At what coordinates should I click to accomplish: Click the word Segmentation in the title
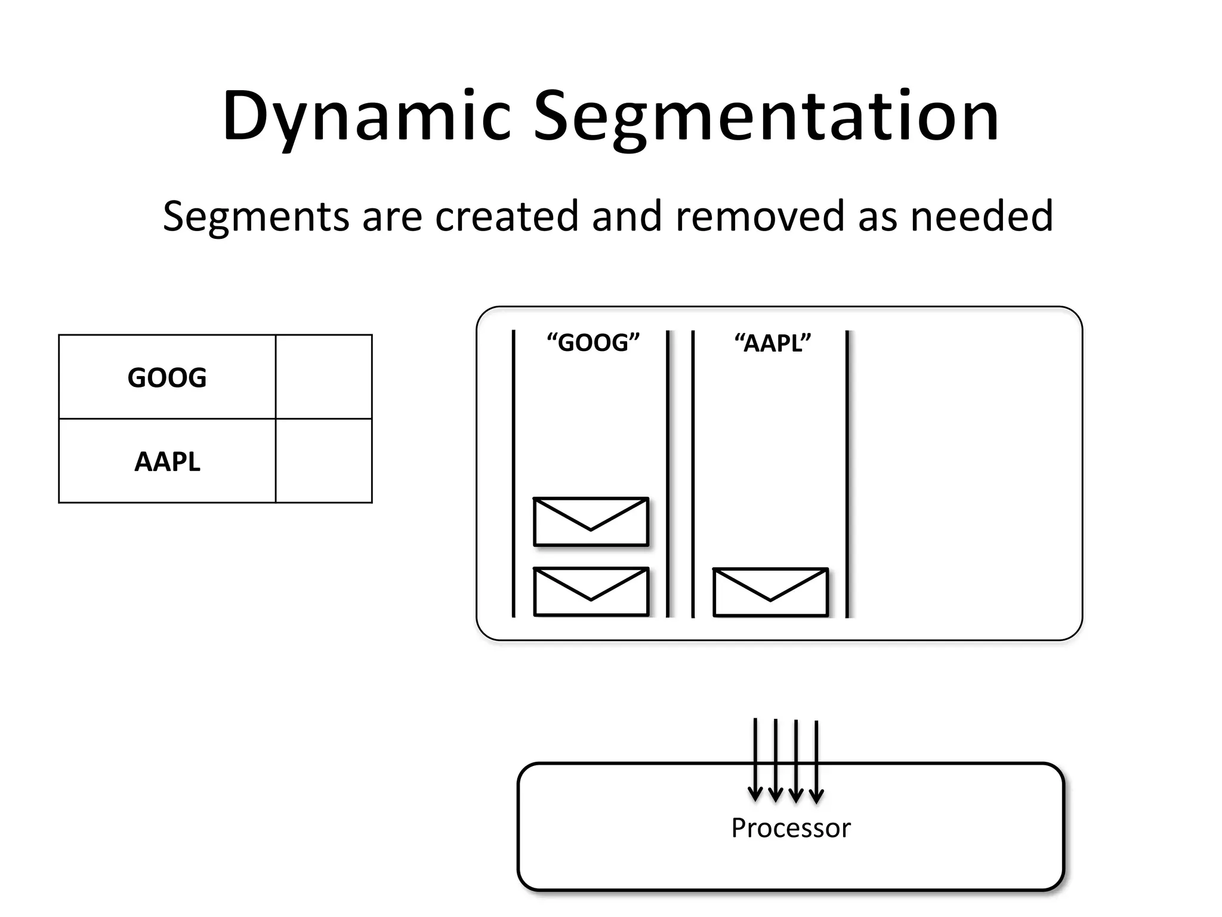tap(766, 116)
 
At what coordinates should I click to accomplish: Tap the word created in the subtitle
tap(507, 216)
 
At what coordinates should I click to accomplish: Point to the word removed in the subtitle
tap(760, 216)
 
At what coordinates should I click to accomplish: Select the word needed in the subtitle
tap(982, 216)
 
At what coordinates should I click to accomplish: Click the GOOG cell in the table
tap(167, 377)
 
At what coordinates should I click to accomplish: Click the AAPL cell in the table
tap(167, 461)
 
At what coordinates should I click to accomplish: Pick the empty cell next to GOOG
tap(324, 377)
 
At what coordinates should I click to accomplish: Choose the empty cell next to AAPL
tap(324, 461)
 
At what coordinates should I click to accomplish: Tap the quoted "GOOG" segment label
tap(593, 343)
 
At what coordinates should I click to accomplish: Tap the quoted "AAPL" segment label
tap(772, 343)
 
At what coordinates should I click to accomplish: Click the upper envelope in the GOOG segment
tap(591, 522)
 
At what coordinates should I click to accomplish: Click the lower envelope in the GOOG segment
tap(591, 592)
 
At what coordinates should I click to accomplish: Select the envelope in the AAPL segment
tap(770, 592)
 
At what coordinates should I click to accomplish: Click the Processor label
tap(791, 828)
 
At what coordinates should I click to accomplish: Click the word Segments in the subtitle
tap(255, 216)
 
